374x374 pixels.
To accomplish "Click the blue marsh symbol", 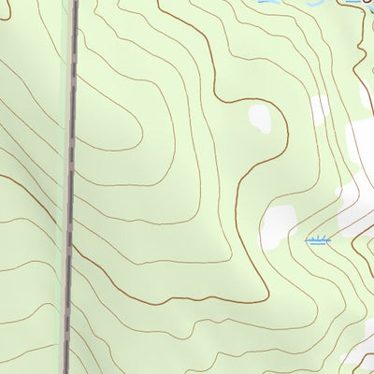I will tap(318, 241).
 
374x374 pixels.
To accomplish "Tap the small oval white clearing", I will tap(258, 118).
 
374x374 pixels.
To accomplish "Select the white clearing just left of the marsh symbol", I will tap(279, 228).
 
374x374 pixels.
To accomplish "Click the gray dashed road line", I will tap(70, 187).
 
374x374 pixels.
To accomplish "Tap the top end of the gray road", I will tap(74, 3).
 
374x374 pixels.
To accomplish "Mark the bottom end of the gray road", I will tap(65, 370).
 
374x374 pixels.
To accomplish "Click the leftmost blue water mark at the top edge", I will tap(268, 3).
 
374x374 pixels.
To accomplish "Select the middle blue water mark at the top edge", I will tap(314, 3).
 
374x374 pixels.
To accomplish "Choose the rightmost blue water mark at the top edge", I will tap(355, 3).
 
